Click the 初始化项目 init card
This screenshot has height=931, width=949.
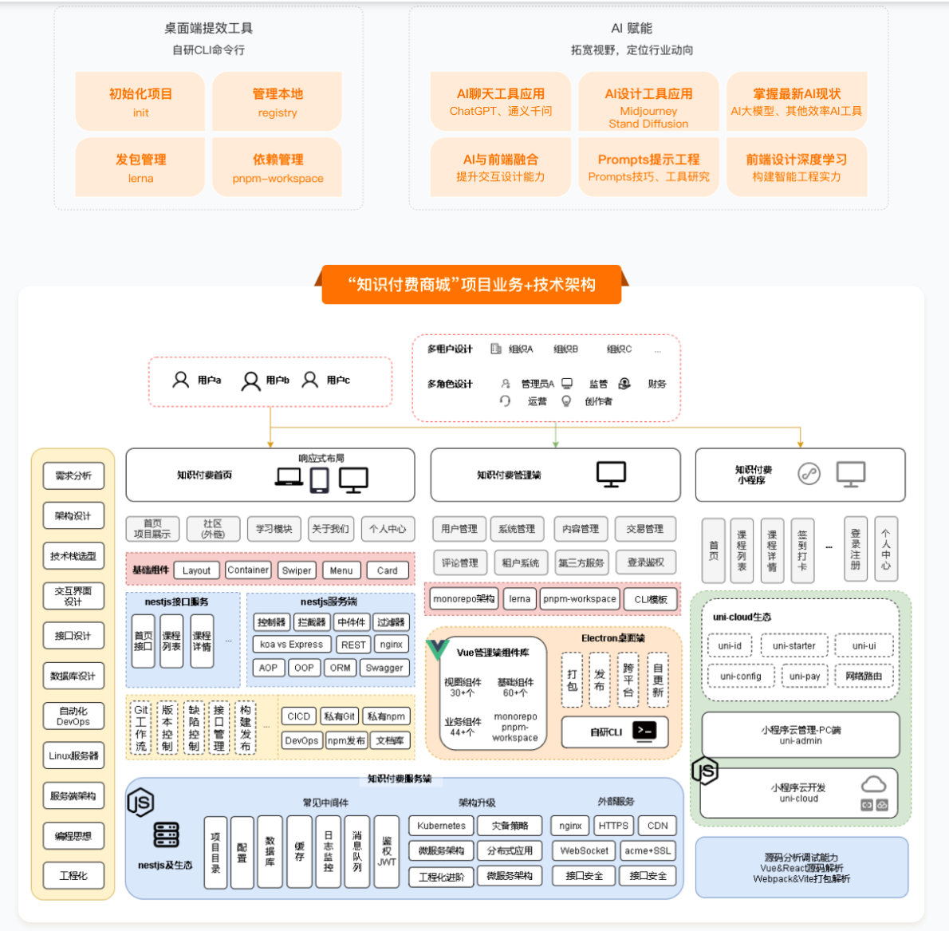click(x=140, y=101)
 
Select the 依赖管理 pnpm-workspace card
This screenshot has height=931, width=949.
click(x=278, y=168)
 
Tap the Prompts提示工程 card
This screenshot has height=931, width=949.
click(x=648, y=167)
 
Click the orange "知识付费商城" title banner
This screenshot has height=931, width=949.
click(x=471, y=285)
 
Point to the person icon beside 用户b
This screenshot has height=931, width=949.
click(x=251, y=381)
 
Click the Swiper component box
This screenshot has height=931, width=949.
click(x=297, y=570)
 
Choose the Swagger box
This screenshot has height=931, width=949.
click(x=384, y=668)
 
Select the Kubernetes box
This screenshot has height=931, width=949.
click(x=441, y=826)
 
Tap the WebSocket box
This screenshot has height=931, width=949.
click(x=584, y=850)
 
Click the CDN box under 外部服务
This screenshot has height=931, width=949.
click(x=658, y=826)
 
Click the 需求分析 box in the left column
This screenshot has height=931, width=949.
click(x=73, y=476)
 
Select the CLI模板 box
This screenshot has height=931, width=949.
click(x=651, y=599)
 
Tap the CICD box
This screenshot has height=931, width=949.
click(x=299, y=716)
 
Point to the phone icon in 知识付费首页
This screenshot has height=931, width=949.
click(x=320, y=479)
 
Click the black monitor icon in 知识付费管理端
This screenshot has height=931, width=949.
click(x=612, y=474)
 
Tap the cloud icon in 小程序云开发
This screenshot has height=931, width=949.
click(x=873, y=784)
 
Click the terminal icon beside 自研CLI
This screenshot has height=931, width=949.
click(x=644, y=731)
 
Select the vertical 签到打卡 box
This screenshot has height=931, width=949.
click(x=802, y=550)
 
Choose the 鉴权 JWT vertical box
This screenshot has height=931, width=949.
click(x=387, y=852)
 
